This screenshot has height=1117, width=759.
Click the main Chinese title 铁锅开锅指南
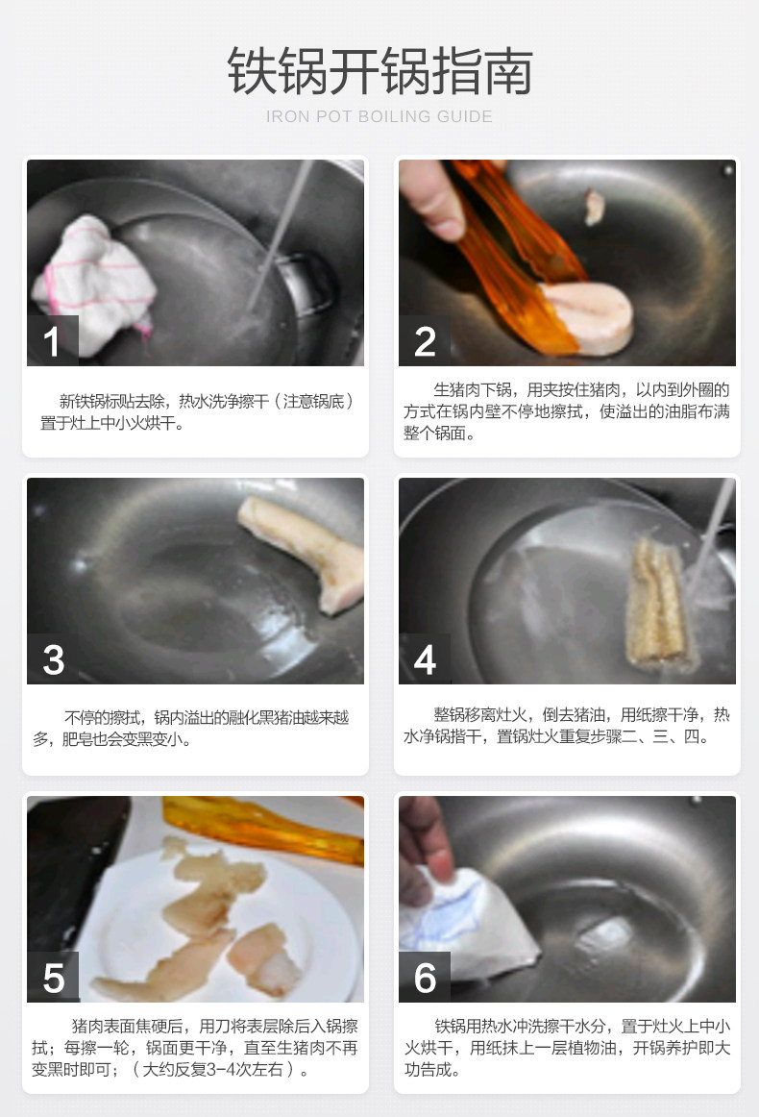379,71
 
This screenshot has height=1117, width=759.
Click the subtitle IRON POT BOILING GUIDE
379,116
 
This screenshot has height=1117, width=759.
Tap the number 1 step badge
52,340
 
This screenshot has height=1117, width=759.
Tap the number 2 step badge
425,340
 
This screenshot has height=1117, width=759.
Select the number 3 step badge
53,658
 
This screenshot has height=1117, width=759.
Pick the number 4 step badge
425,658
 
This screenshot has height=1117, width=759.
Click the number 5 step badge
53,978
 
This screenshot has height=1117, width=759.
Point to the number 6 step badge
425,978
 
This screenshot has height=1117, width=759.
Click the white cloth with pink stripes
95,285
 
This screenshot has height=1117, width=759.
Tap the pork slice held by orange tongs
587,316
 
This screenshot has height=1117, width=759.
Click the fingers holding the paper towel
426,840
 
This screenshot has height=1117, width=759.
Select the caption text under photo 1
196,411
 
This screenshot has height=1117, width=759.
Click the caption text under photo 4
567,725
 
